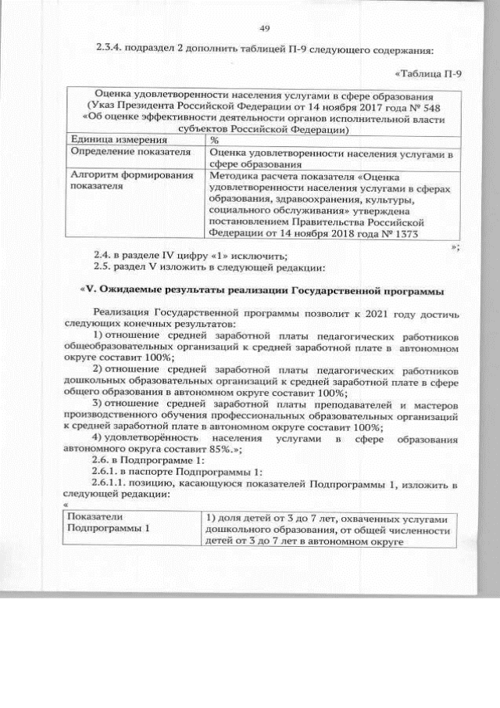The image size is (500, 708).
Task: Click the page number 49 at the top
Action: [x=264, y=29]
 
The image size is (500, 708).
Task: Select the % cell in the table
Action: [x=214, y=139]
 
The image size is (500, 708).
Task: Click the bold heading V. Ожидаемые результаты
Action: [x=262, y=292]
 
